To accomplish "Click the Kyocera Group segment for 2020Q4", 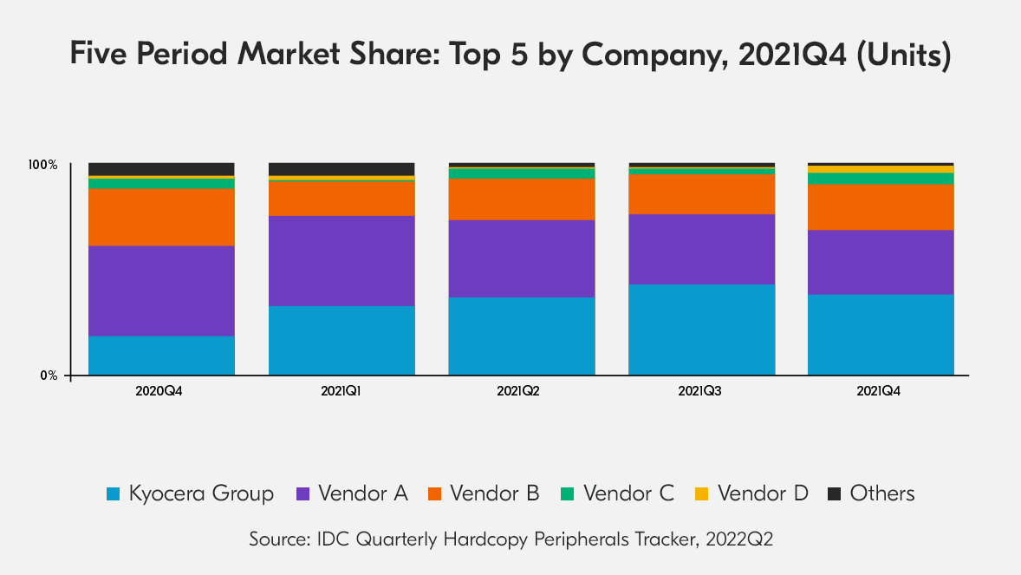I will click(161, 355).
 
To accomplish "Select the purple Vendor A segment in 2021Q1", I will click(341, 260).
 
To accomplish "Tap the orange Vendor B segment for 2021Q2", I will click(521, 199).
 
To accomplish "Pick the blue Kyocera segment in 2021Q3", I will click(701, 329).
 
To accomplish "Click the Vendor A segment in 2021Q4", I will click(881, 262).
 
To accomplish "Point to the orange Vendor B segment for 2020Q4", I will click(161, 217).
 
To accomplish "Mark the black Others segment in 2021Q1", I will click(341, 168).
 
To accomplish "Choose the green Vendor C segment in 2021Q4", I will click(881, 179).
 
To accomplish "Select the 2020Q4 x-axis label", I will click(159, 391).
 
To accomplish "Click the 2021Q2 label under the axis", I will click(518, 391).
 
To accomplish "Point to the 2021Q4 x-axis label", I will click(878, 391).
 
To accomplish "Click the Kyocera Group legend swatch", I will click(113, 494).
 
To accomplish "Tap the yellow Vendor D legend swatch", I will click(702, 494).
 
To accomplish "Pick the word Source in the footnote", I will click(276, 539).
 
